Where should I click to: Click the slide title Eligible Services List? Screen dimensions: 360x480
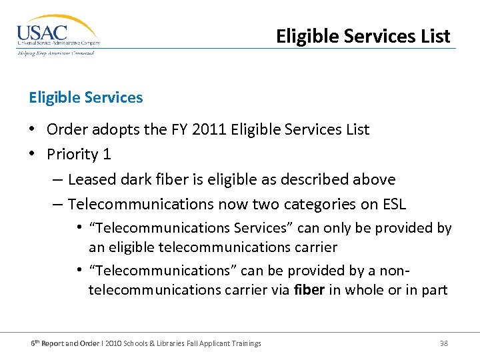pyautogui.click(x=363, y=35)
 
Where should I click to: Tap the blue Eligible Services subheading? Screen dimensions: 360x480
pyautogui.click(x=85, y=97)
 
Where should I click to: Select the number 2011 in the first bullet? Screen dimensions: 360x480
pyautogui.click(x=209, y=129)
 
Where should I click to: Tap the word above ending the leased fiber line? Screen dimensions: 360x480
pyautogui.click(x=374, y=179)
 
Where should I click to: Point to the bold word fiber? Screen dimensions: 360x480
pyautogui.click(x=309, y=290)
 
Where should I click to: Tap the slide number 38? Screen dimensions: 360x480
pyautogui.click(x=443, y=343)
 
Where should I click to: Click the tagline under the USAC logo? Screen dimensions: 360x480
pyautogui.click(x=55, y=53)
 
